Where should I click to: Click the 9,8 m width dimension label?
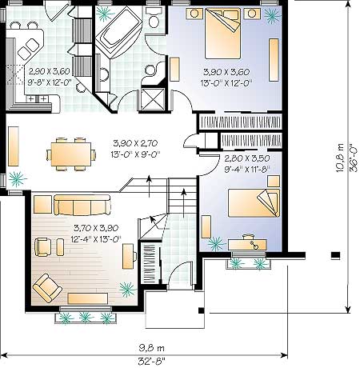(x=151, y=348)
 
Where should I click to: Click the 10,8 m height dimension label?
(x=340, y=158)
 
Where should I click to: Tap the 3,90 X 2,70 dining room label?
(x=135, y=143)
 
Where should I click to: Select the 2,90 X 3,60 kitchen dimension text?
(x=50, y=71)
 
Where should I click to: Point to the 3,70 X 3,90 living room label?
(x=96, y=228)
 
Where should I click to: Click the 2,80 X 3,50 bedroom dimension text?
(x=247, y=158)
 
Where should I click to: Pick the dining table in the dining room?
(x=71, y=154)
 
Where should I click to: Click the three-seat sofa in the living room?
(x=82, y=205)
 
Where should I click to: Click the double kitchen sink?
(x=28, y=49)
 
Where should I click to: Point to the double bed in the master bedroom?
(x=222, y=34)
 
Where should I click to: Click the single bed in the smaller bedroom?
(x=254, y=202)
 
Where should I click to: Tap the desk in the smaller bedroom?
(x=247, y=245)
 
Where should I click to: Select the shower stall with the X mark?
(x=153, y=98)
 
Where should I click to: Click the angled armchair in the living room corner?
(x=47, y=288)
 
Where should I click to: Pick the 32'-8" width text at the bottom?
(x=151, y=362)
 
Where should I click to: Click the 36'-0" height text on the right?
(x=354, y=158)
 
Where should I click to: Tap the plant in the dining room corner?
(x=18, y=179)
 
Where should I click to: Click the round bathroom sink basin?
(x=150, y=70)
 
